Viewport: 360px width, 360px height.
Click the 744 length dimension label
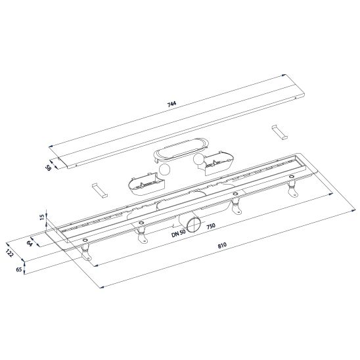pyautogui.click(x=171, y=104)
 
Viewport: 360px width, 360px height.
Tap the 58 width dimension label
pyautogui.click(x=49, y=168)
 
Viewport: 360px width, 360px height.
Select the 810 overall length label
pyautogui.click(x=222, y=245)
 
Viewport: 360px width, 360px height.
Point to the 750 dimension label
pyautogui.click(x=211, y=226)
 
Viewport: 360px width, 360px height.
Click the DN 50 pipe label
pyautogui.click(x=179, y=233)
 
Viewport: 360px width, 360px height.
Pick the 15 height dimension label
pyautogui.click(x=42, y=217)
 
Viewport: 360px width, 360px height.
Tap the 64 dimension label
pyautogui.click(x=30, y=243)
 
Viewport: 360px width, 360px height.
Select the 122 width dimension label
pyautogui.click(x=10, y=253)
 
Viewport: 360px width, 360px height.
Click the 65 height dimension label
pyautogui.click(x=19, y=269)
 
